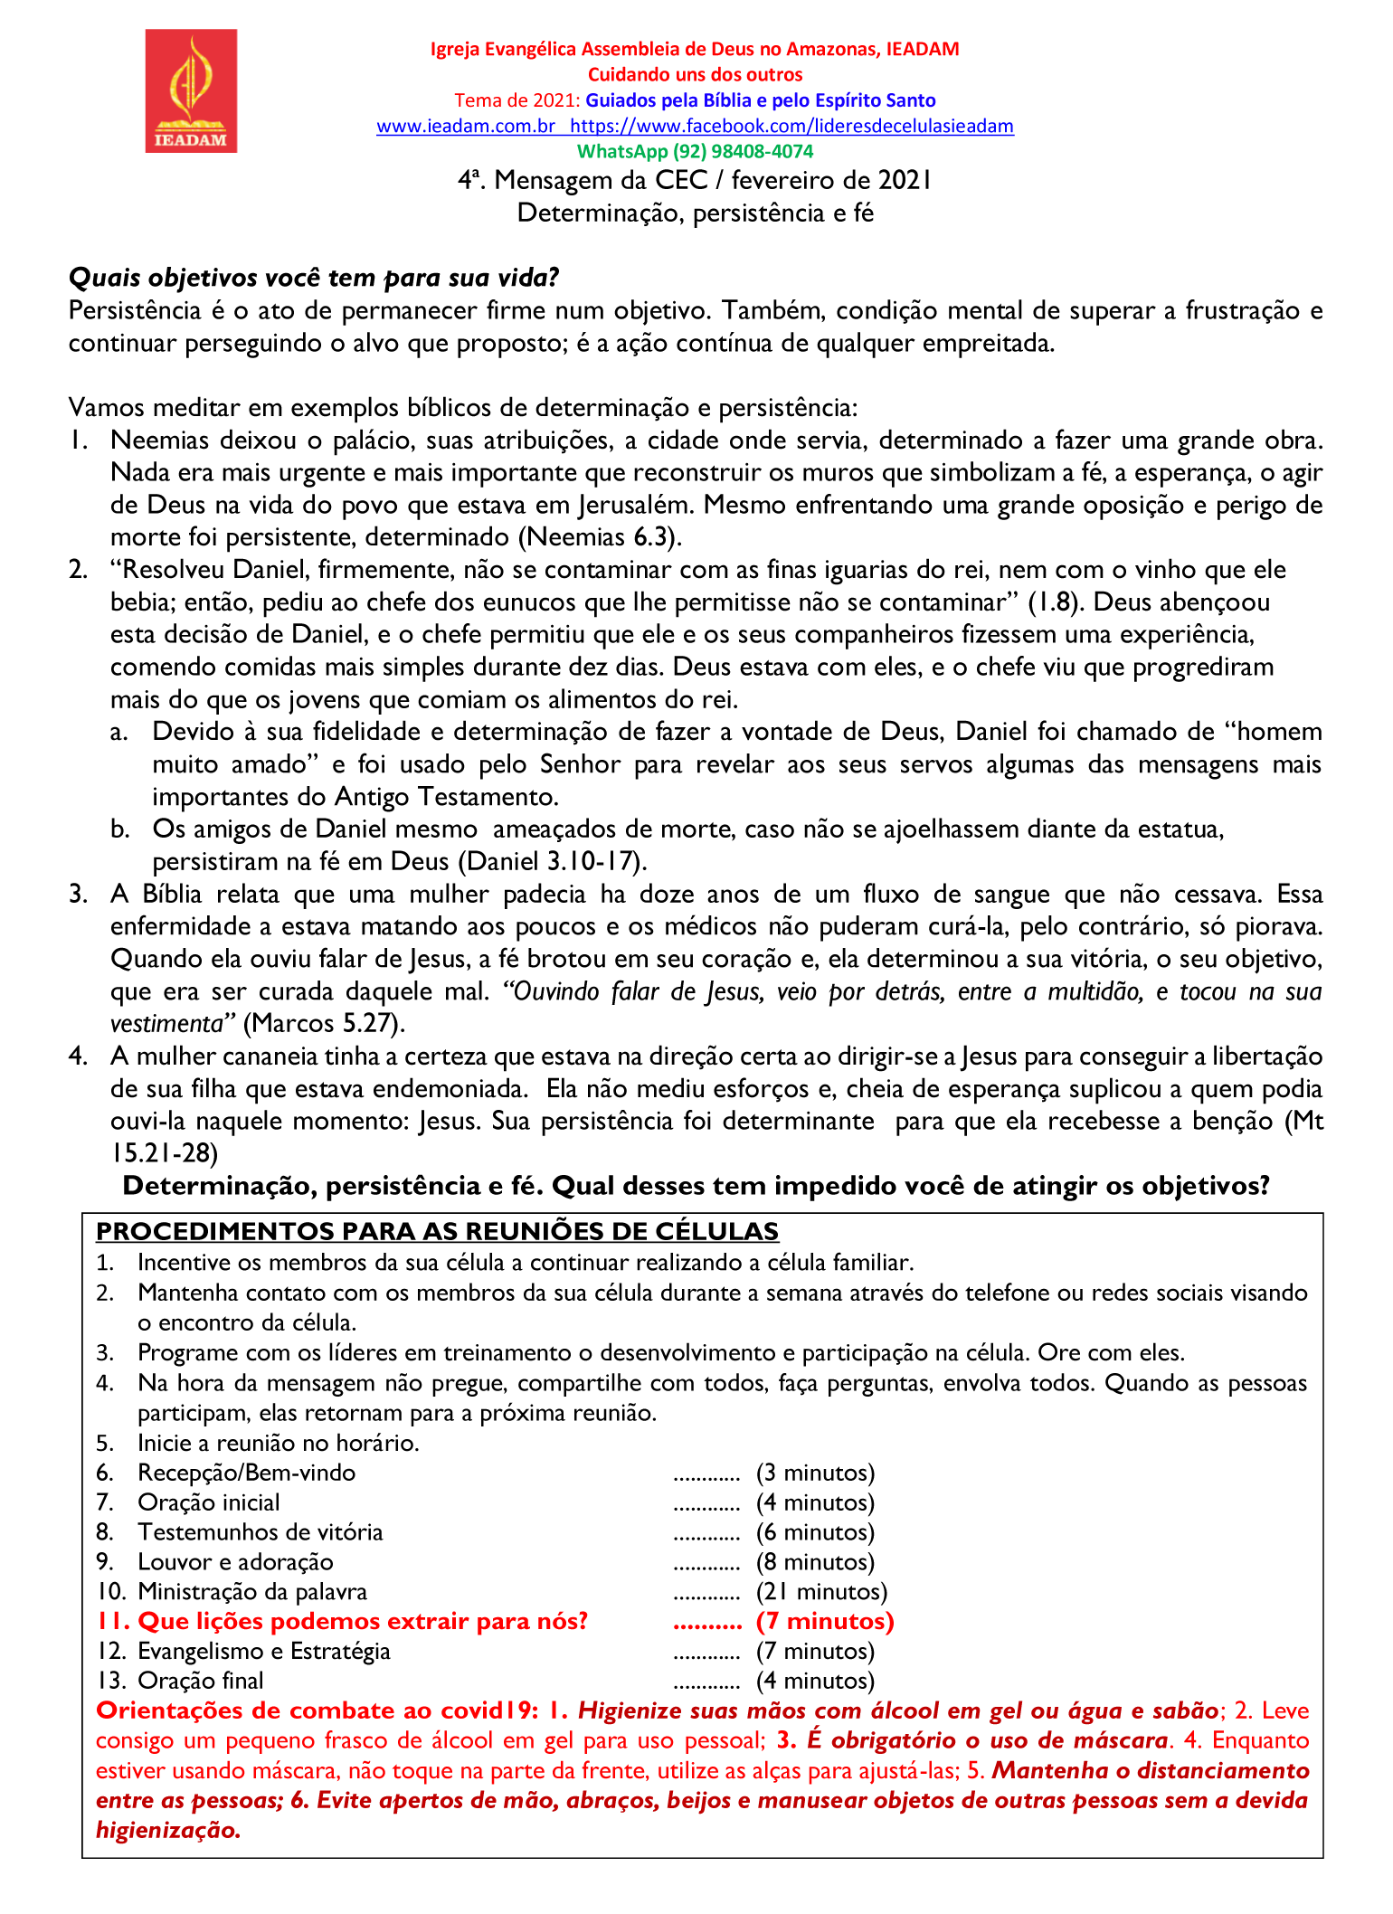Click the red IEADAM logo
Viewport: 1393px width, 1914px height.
pyautogui.click(x=191, y=90)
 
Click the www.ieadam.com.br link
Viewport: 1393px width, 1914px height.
pyautogui.click(x=465, y=127)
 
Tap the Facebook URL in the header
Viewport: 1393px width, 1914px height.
pyautogui.click(x=791, y=127)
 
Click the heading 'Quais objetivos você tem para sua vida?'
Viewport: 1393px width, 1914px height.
pyautogui.click(x=314, y=278)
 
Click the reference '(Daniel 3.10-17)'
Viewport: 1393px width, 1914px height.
pyautogui.click(x=553, y=861)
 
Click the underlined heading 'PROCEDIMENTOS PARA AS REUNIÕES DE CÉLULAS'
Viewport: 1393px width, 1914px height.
pyautogui.click(x=437, y=1231)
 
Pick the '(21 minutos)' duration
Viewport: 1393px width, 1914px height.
pyautogui.click(x=821, y=1591)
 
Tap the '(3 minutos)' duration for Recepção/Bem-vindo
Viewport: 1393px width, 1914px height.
pyautogui.click(x=815, y=1473)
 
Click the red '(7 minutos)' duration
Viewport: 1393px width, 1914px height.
pyautogui.click(x=825, y=1621)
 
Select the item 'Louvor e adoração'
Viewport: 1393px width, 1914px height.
pyautogui.click(x=235, y=1562)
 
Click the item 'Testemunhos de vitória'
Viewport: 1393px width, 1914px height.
pyautogui.click(x=260, y=1532)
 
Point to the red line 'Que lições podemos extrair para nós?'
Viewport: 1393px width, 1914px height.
pyautogui.click(x=362, y=1621)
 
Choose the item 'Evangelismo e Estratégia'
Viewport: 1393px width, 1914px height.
pyautogui.click(x=263, y=1651)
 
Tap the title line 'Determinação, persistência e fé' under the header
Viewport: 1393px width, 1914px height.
pyautogui.click(x=695, y=213)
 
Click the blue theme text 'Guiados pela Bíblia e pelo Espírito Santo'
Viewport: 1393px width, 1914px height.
pyautogui.click(x=760, y=100)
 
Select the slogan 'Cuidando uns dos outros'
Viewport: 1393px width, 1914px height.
pyautogui.click(x=695, y=75)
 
